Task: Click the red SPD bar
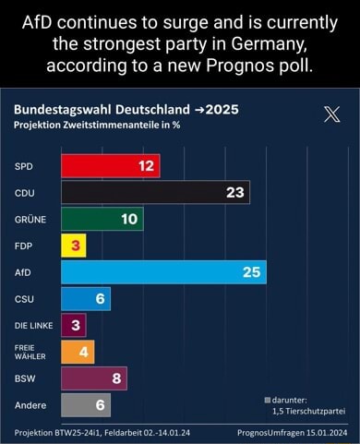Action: (x=110, y=166)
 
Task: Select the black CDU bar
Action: (x=155, y=192)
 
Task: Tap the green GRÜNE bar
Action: (x=102, y=219)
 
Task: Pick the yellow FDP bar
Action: (x=73, y=246)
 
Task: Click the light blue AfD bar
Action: (x=163, y=272)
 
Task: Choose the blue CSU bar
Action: (x=86, y=298)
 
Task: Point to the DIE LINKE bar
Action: (x=73, y=325)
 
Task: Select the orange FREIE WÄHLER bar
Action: (x=78, y=352)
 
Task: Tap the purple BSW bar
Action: (x=93, y=378)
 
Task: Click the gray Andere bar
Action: (x=86, y=404)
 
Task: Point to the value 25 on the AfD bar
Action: (x=251, y=272)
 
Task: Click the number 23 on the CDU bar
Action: (x=234, y=192)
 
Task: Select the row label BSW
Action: (x=24, y=378)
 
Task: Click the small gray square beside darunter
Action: (x=268, y=400)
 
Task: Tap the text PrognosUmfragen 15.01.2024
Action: (x=289, y=431)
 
